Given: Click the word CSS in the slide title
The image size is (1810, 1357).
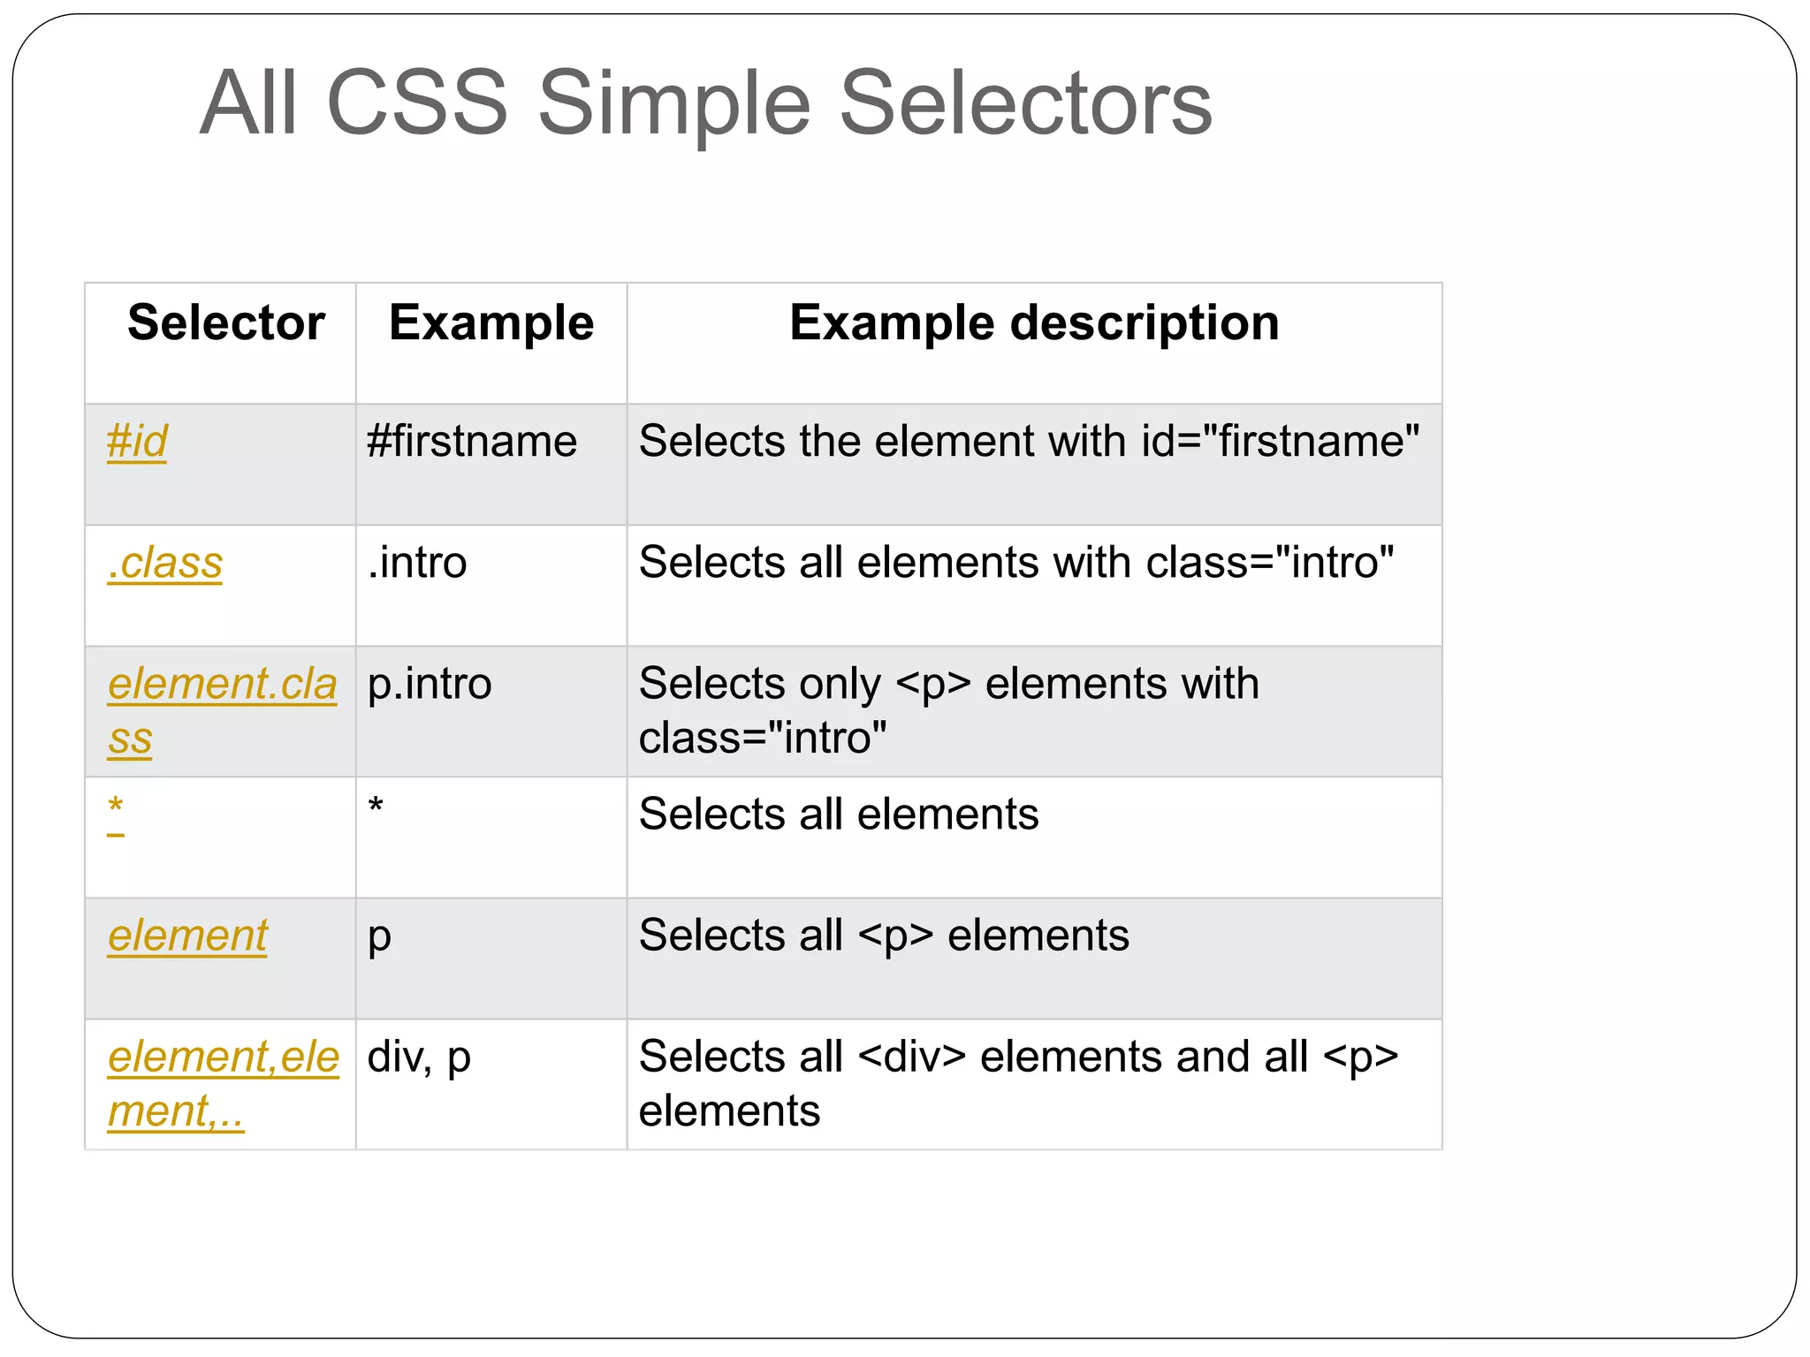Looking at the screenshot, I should pos(417,103).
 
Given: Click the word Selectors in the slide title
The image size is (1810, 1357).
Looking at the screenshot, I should pos(1025,103).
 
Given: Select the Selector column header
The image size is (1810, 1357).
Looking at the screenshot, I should pos(226,322).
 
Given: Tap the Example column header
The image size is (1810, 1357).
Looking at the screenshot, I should pos(491,322).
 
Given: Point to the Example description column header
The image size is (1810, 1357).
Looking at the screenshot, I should pos(1034,322).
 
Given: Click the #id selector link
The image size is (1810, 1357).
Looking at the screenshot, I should pos(137,441).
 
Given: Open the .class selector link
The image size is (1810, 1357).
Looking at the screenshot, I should pos(165,563).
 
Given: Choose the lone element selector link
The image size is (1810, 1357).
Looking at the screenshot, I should pos(187,936).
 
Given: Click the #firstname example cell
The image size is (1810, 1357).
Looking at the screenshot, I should pos(472,441).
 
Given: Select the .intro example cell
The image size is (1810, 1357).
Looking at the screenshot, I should pos(417,563).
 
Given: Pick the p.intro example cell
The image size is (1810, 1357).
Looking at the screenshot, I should pos(430,685).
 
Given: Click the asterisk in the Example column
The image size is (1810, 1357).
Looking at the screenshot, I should pos(376,807).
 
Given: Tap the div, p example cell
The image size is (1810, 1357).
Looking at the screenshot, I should pos(419,1058).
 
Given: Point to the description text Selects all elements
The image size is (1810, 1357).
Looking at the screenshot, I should pos(839,814).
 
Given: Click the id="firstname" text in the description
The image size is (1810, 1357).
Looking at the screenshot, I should pos(1281,441).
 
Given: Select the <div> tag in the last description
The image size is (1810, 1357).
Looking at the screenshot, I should pos(912,1058).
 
